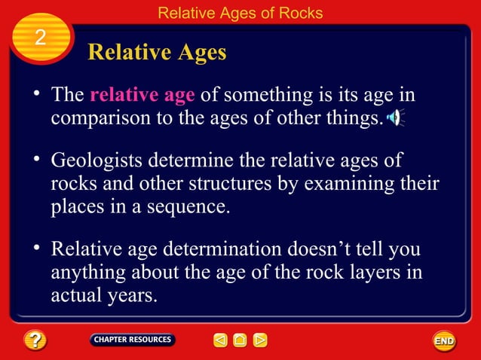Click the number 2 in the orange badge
(41, 38)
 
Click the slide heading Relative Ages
(157, 53)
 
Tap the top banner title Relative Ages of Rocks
(240, 13)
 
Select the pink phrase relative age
(142, 96)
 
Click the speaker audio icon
(394, 118)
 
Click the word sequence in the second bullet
(192, 206)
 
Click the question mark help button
(35, 340)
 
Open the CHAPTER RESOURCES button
(132, 340)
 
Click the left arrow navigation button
(220, 340)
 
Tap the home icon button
(240, 340)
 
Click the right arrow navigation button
(259, 340)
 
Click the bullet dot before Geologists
(35, 160)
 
